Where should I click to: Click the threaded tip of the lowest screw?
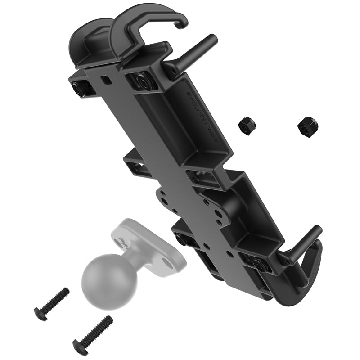[108, 320]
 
